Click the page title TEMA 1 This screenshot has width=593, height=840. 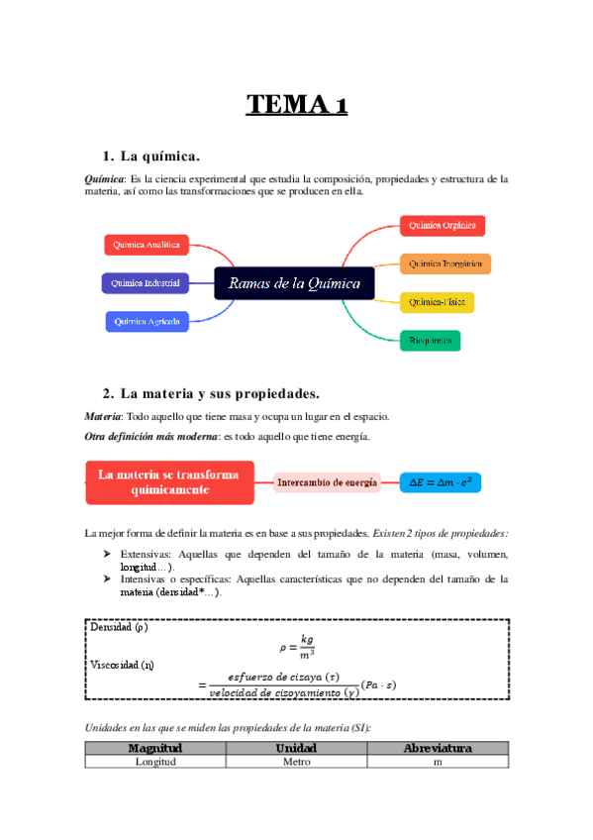(296, 106)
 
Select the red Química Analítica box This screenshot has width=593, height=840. (146, 245)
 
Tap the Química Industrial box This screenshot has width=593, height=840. (146, 283)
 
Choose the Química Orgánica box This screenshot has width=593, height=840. (442, 226)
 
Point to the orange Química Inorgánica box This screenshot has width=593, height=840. (445, 264)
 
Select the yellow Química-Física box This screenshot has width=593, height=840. (437, 301)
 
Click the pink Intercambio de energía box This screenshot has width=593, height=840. (328, 482)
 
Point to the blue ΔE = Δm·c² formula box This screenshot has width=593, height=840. (440, 482)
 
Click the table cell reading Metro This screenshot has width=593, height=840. (297, 762)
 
